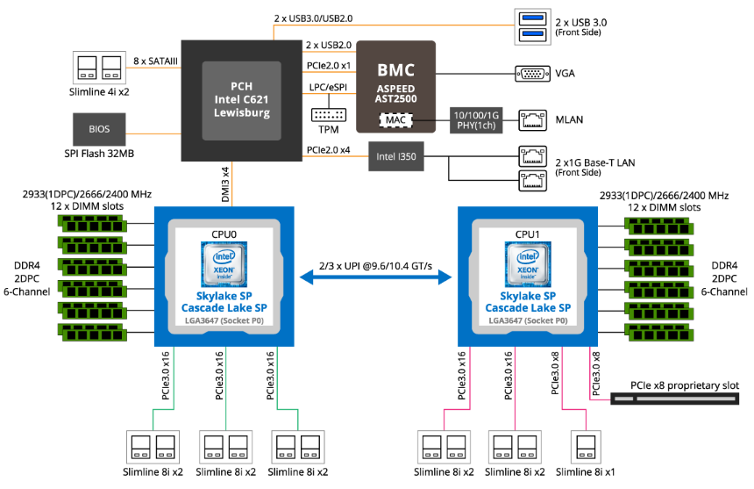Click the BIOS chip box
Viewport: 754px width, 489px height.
point(99,129)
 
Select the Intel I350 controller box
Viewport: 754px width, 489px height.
point(396,156)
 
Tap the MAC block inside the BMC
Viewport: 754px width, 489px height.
point(395,120)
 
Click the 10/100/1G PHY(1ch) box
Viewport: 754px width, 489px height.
point(476,120)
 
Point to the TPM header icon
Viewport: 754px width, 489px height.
point(329,115)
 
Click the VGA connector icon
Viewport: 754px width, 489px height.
point(532,74)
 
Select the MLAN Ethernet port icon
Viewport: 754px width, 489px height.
point(533,120)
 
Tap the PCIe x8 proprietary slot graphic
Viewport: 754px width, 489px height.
point(675,399)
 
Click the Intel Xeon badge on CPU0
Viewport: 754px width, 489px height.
point(224,264)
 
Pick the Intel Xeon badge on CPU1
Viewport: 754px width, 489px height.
point(528,264)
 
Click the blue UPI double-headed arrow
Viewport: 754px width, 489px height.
point(375,277)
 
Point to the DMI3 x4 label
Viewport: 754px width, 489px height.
point(225,184)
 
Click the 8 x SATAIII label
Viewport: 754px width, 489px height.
point(155,61)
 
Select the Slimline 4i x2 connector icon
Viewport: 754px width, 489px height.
point(99,68)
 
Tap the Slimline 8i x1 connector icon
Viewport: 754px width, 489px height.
point(586,447)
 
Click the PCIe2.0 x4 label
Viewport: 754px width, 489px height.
point(329,150)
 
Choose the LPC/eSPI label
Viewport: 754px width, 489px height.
point(328,87)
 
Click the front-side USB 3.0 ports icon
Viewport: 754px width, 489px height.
point(533,27)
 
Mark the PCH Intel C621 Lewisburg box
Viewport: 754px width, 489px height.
point(241,101)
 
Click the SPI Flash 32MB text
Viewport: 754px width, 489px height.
point(99,154)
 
